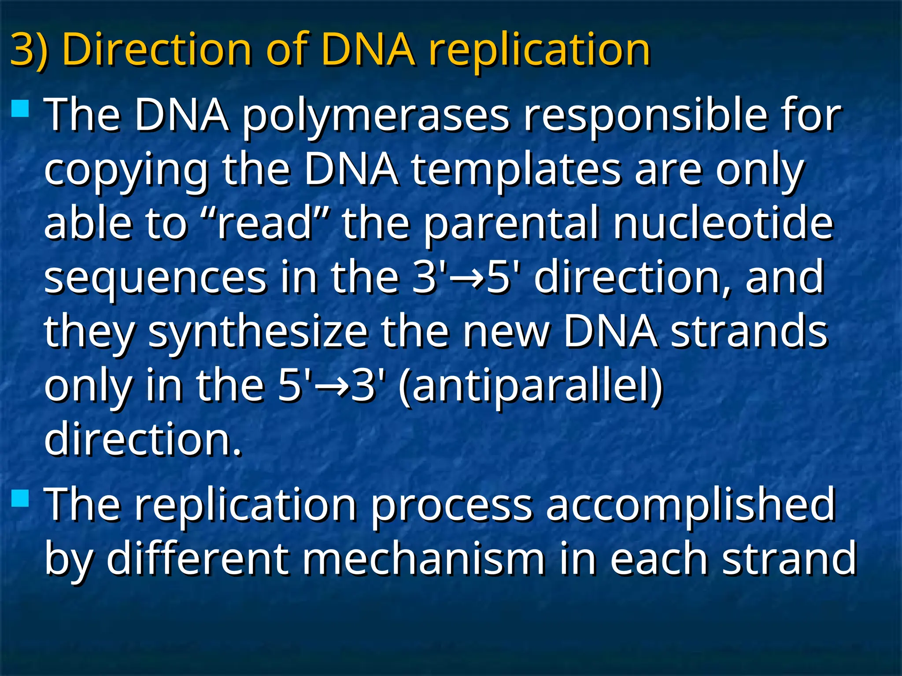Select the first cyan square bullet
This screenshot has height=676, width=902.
(x=20, y=108)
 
